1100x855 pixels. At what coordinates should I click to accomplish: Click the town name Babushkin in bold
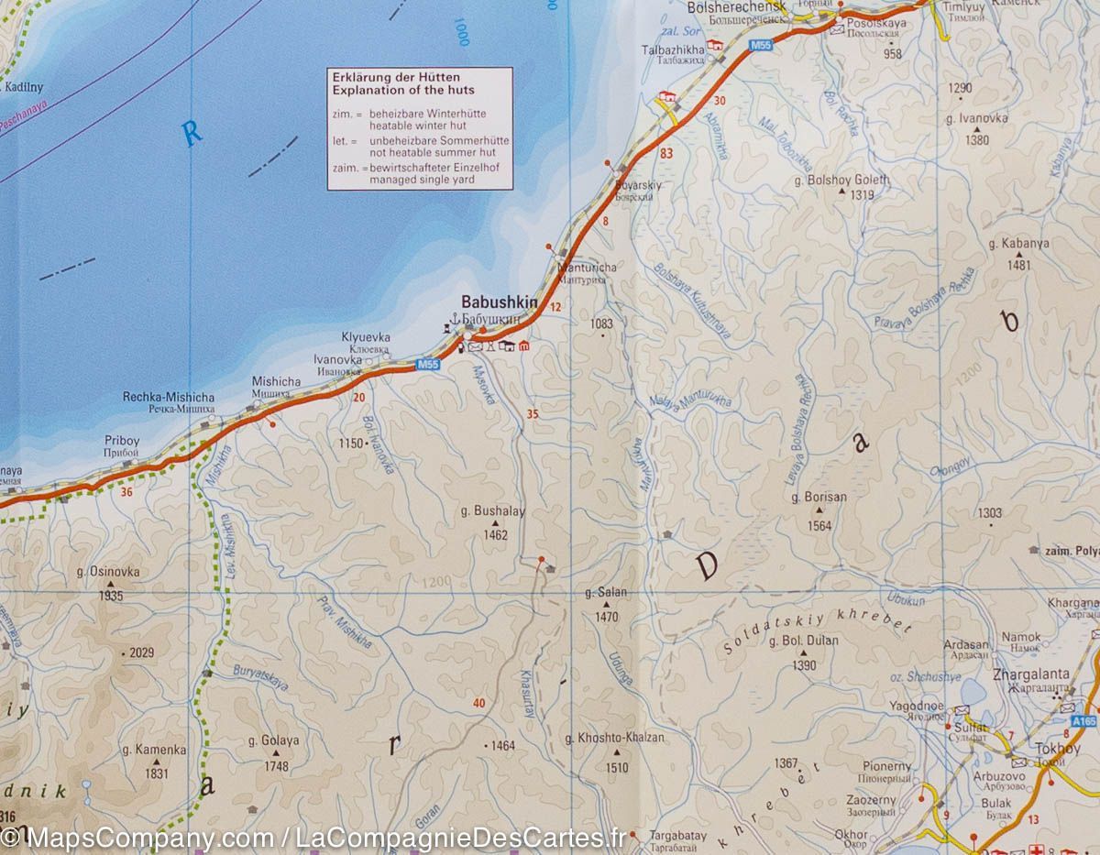click(x=499, y=301)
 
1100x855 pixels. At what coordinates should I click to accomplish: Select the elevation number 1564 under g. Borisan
click(x=819, y=526)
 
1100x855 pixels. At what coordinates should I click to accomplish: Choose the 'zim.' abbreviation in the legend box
click(x=342, y=113)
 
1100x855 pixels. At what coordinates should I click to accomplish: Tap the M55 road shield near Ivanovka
click(x=428, y=365)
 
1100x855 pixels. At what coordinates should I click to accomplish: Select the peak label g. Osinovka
click(x=109, y=572)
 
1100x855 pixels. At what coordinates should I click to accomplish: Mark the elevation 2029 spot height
click(x=140, y=653)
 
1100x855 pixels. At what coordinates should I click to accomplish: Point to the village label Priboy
click(x=122, y=441)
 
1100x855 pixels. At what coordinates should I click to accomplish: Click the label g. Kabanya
click(x=1018, y=244)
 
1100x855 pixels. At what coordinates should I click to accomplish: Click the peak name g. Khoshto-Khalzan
click(x=614, y=737)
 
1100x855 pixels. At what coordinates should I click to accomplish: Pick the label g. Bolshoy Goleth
click(x=841, y=181)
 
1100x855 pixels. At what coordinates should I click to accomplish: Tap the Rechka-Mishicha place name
click(x=169, y=397)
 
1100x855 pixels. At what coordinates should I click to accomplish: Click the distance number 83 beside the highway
click(x=665, y=153)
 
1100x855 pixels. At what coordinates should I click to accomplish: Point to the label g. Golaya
click(x=273, y=740)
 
